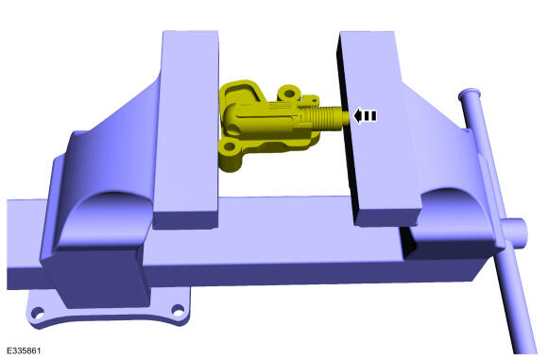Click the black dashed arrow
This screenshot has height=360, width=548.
coord(365,116)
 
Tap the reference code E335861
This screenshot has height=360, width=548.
coord(24,351)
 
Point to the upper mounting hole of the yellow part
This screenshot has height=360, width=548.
coord(289,94)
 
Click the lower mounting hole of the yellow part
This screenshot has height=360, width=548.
coord(229,146)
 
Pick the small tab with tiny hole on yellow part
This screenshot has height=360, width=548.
coord(313,99)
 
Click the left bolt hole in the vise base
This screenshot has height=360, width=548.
coord(38,313)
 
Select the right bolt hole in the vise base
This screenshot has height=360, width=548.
coord(179,310)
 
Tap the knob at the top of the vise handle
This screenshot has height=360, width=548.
coord(471,94)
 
